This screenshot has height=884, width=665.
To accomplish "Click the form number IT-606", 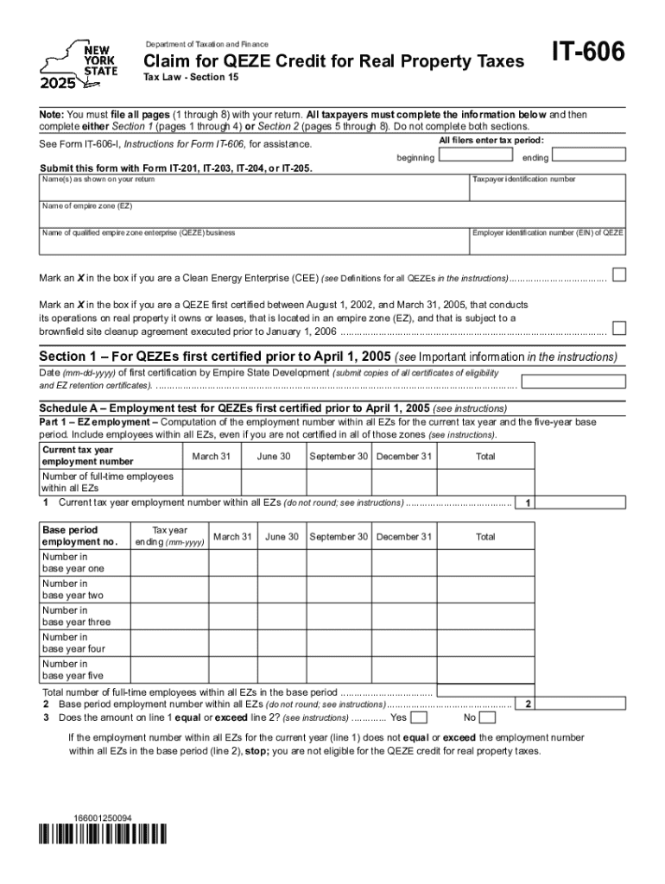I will [x=588, y=54].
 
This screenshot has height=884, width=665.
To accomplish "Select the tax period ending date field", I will [x=588, y=156].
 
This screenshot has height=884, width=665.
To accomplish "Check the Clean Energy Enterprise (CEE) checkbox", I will [x=618, y=275].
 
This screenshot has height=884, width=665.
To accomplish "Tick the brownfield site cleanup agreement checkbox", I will [x=618, y=328].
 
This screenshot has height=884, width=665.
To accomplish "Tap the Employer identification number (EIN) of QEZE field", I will [x=547, y=243].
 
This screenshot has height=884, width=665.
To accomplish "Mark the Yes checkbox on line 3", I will [x=418, y=717].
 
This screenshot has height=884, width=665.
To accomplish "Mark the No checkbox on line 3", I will [x=487, y=717].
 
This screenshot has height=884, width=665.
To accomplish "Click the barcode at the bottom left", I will [x=103, y=835].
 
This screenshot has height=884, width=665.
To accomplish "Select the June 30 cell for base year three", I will [x=282, y=616].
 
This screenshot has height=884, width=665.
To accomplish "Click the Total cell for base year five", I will [x=484, y=670].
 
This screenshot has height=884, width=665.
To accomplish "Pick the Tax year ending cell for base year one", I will [x=169, y=563].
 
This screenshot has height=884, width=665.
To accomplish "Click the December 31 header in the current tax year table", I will [x=403, y=456].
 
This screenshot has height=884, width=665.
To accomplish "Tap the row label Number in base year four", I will [x=74, y=643].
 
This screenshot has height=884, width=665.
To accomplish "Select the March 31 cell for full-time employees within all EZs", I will [x=211, y=483].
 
